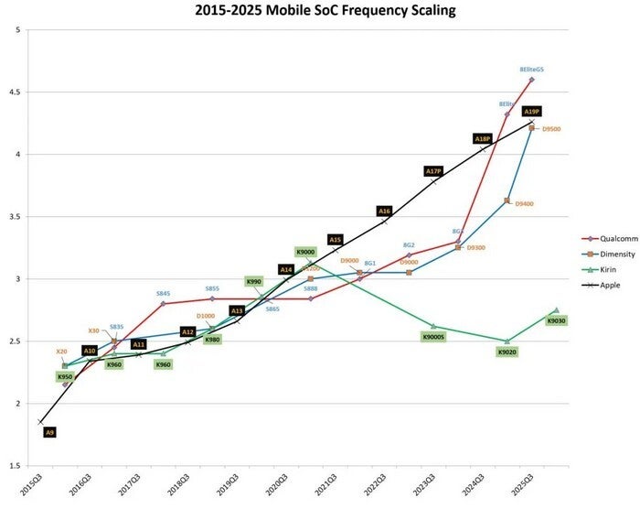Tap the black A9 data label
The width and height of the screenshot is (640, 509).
tap(50, 431)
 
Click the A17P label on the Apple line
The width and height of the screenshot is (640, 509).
tap(433, 171)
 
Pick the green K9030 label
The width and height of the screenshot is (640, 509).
tap(556, 320)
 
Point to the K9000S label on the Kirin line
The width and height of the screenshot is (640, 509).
tap(433, 338)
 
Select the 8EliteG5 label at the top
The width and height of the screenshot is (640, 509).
tap(531, 69)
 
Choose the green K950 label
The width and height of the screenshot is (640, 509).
tap(65, 376)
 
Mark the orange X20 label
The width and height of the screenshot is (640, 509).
tap(62, 351)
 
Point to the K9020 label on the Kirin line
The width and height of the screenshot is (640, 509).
tap(507, 352)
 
